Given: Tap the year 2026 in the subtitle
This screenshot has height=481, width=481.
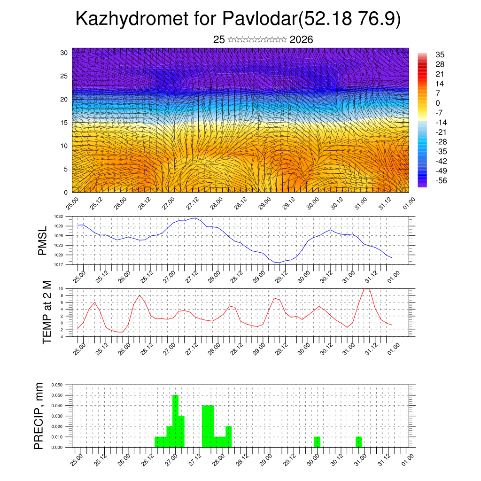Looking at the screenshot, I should (302, 40).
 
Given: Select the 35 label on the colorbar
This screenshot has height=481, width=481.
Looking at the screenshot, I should (440, 55).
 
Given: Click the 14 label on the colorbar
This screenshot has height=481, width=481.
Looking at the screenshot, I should (440, 84).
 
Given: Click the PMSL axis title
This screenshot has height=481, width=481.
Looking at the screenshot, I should (43, 240).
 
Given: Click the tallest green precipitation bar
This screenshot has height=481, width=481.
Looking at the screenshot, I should (175, 421).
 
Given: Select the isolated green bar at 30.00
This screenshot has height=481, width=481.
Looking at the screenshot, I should (317, 442).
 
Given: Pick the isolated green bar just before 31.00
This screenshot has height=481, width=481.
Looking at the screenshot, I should (358, 442).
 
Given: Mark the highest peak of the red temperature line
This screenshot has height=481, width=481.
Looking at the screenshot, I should (367, 288).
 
